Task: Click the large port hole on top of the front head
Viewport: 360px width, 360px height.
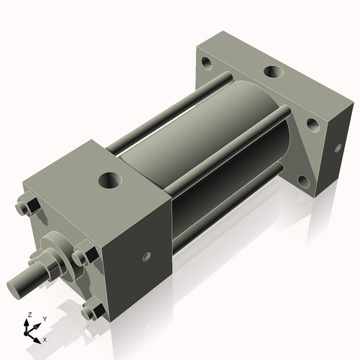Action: [x=113, y=177]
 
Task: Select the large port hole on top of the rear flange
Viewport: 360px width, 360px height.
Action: [x=274, y=72]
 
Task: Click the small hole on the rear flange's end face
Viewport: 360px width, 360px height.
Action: [x=336, y=148]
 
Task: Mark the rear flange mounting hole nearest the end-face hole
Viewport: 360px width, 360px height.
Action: [x=312, y=123]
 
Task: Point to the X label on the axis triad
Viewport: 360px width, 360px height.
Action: [x=45, y=338]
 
